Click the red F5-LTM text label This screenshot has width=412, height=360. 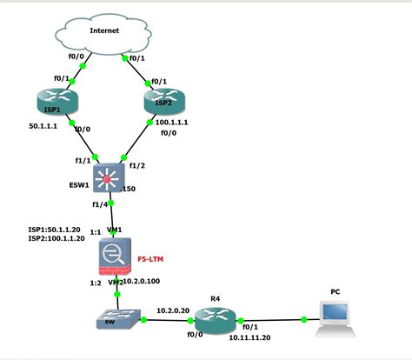(150, 259)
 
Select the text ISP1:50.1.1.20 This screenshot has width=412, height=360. (56, 230)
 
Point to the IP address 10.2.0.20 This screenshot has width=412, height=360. (175, 309)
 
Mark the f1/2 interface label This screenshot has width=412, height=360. (137, 165)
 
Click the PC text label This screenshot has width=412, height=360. (336, 292)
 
